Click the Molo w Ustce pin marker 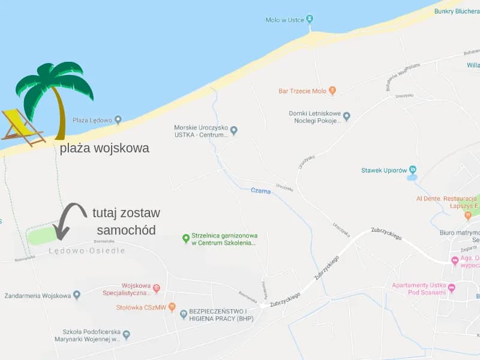(310, 19)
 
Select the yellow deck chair (23, 127)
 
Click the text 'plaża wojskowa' (104, 148)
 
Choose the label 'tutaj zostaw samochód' (126, 221)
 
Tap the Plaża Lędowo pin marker (118, 119)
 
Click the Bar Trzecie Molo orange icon (332, 91)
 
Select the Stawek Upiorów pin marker (412, 170)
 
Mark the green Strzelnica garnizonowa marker (185, 239)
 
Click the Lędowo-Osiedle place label (87, 251)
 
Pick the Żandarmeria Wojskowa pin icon (77, 295)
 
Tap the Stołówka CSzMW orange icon (172, 307)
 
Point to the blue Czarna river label (260, 191)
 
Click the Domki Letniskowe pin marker (346, 116)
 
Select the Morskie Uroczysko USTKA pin (234, 130)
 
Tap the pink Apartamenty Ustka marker (452, 288)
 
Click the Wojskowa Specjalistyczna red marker (156, 289)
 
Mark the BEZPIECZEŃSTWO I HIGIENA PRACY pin (184, 314)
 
